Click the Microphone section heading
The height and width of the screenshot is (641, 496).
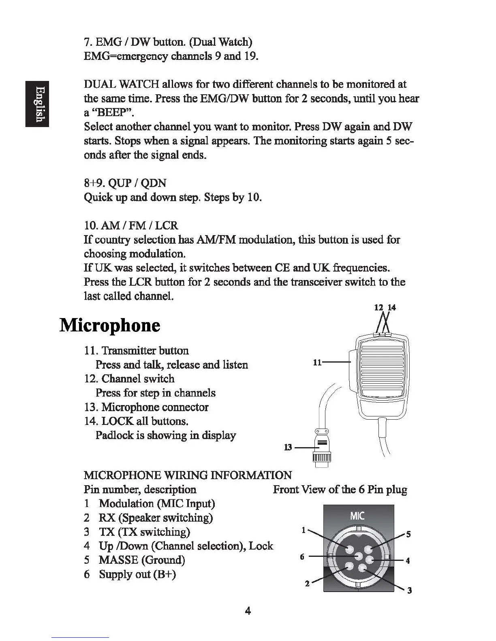pyautogui.click(x=110, y=326)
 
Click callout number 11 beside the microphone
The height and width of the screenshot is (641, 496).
pyautogui.click(x=317, y=363)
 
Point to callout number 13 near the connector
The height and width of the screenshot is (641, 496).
pyautogui.click(x=288, y=448)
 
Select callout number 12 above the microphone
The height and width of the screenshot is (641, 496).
pyautogui.click(x=378, y=308)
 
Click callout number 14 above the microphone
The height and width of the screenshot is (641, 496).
pyautogui.click(x=391, y=308)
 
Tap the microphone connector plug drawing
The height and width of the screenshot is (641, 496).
pyautogui.click(x=322, y=449)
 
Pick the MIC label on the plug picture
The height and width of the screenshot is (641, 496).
pyautogui.click(x=357, y=516)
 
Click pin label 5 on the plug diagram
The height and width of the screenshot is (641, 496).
pyautogui.click(x=408, y=534)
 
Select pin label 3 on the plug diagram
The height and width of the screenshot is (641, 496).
pyautogui.click(x=409, y=590)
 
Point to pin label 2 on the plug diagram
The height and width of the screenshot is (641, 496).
pyautogui.click(x=307, y=584)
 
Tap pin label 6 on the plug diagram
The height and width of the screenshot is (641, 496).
pyautogui.click(x=302, y=557)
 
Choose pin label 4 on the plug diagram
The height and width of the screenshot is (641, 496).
pyautogui.click(x=408, y=561)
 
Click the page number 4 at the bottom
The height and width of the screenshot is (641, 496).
pyautogui.click(x=248, y=611)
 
